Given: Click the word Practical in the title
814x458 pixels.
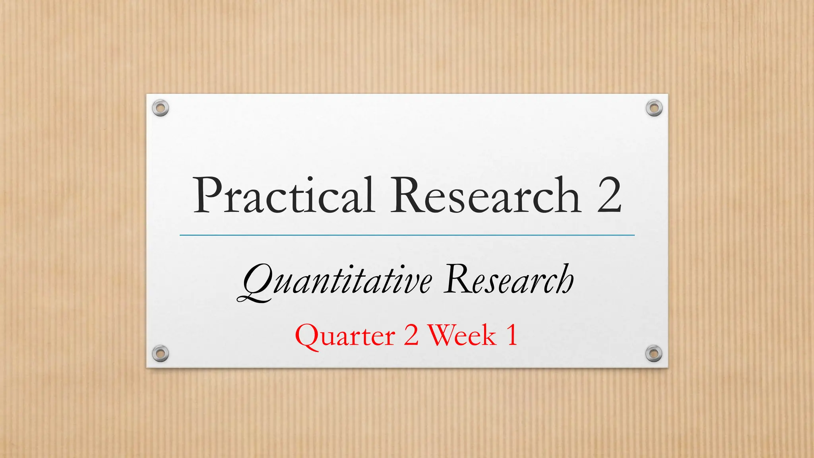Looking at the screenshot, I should [x=283, y=196].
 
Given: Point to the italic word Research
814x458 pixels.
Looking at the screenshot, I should [x=509, y=280].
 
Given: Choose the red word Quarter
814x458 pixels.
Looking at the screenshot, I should [x=345, y=336].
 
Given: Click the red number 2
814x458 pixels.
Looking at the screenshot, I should [x=411, y=335].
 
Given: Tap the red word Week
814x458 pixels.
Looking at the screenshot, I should [x=462, y=335].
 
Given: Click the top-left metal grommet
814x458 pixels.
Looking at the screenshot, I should [x=161, y=108].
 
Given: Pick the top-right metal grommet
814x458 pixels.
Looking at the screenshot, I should [x=654, y=108].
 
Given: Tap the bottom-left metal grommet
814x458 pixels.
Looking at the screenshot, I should [x=161, y=353].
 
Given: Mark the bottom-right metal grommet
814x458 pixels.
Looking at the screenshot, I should [x=654, y=353].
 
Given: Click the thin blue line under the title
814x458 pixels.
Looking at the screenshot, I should [x=407, y=235].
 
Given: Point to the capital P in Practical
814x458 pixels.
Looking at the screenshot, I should [x=208, y=196].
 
